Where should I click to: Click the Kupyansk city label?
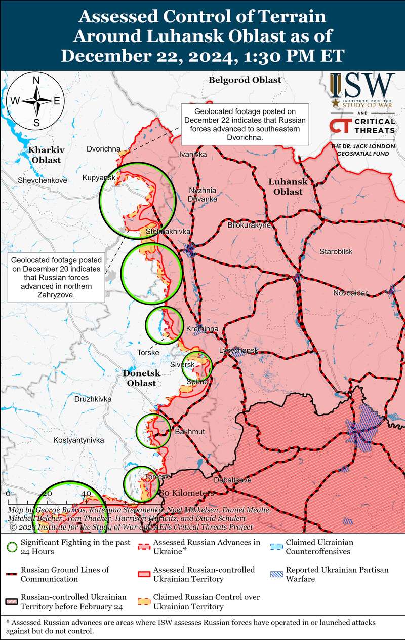(99, 178)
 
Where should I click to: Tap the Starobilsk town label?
(336, 251)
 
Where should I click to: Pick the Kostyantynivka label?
(78, 440)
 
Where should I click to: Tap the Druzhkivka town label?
(93, 399)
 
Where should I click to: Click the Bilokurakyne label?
(249, 225)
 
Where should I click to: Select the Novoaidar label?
(350, 293)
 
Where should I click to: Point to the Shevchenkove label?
(42, 180)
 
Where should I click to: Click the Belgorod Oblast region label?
(237, 80)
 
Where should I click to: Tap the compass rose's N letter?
(36, 80)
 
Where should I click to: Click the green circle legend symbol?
(12, 547)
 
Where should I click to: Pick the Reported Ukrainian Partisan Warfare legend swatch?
(277, 574)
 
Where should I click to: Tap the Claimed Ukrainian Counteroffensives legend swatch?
(277, 546)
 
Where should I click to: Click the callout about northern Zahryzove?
(56, 276)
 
